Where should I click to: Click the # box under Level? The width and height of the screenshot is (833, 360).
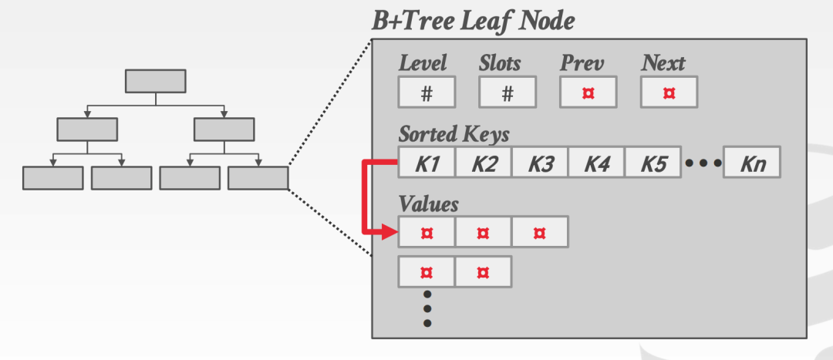coord(427,93)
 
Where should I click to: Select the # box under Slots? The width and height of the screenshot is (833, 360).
coord(508,93)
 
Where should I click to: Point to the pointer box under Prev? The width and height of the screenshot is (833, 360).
coord(588,93)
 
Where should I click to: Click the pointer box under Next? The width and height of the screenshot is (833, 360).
coord(669,93)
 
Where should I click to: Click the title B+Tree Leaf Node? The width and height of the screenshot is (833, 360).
coord(473,22)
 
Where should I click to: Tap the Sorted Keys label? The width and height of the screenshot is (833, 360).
coord(454,134)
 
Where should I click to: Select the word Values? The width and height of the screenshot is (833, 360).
coord(428,204)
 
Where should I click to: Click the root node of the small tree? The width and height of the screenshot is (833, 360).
coord(155,81)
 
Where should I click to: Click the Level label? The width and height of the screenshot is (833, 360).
coord(423,62)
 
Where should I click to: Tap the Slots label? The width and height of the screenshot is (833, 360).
coord(500,62)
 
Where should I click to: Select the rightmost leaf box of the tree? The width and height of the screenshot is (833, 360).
coord(258,178)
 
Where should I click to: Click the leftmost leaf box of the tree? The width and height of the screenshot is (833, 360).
coord(52,178)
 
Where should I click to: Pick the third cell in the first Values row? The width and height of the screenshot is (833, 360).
coord(540,232)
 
